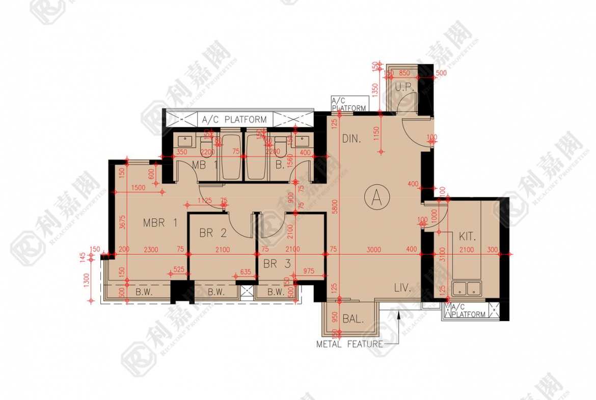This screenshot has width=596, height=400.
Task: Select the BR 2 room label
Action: click(x=212, y=233)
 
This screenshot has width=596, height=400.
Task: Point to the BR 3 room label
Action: click(x=277, y=264)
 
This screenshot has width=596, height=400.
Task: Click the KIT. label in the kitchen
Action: click(x=467, y=237)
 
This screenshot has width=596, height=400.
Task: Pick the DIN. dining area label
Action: click(x=351, y=139)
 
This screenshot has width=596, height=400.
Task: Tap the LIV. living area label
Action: click(x=402, y=288)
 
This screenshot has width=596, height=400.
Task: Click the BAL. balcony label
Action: click(x=353, y=319)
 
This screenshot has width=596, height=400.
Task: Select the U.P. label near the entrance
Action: click(x=404, y=88)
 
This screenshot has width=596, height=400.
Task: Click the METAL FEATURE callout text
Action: click(x=349, y=344)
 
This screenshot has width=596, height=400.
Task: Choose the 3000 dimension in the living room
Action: click(x=374, y=250)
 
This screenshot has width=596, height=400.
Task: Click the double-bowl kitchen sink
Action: click(x=468, y=288)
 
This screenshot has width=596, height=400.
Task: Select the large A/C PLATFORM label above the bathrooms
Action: click(x=234, y=120)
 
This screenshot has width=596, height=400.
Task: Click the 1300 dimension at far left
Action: click(x=86, y=279)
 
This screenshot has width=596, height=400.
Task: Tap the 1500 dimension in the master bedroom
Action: click(x=138, y=188)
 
